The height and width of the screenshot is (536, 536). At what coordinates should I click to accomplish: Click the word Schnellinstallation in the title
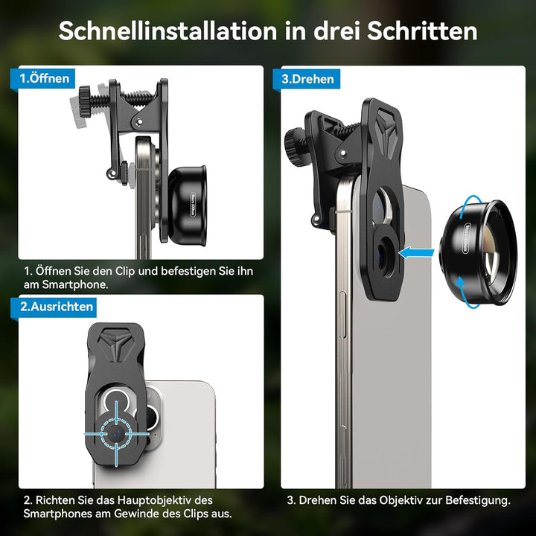(x=167, y=31)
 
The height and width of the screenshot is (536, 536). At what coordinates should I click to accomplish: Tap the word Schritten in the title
(x=422, y=31)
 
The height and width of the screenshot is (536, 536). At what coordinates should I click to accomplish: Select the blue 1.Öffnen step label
(x=43, y=79)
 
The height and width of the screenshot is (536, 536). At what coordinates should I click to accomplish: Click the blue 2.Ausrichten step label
(x=54, y=307)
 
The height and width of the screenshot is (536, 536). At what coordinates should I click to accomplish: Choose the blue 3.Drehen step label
(x=307, y=79)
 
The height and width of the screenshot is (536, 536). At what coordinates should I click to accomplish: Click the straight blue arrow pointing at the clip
(x=416, y=253)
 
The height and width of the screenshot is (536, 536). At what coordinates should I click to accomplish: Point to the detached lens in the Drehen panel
(x=478, y=252)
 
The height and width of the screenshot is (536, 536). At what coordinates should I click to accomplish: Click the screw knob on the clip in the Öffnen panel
(x=85, y=101)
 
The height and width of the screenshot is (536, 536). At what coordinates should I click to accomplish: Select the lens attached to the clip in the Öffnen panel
(x=187, y=205)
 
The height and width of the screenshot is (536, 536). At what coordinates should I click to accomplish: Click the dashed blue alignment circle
(x=116, y=433)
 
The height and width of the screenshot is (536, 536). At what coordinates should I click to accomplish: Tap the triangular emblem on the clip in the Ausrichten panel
(x=115, y=344)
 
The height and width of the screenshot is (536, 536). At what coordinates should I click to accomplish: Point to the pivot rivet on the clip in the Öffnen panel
(x=139, y=121)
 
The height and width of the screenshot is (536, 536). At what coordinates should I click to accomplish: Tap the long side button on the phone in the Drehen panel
(x=342, y=315)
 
